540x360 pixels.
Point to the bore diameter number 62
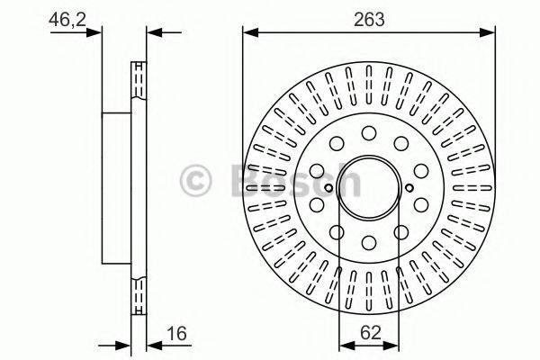click(x=369, y=332)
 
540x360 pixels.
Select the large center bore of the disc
click(x=369, y=186)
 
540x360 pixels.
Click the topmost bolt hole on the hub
click(x=369, y=133)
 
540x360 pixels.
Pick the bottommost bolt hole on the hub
click(x=369, y=240)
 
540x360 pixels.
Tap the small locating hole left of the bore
click(x=329, y=187)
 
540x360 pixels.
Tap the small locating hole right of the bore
click(x=409, y=187)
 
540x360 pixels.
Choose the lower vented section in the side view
click(x=139, y=294)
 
